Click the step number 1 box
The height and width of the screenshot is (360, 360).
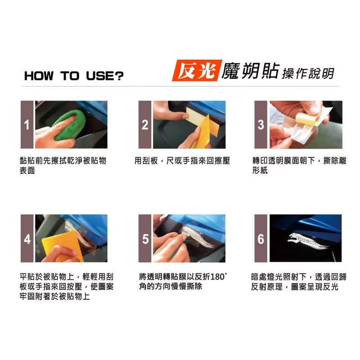[27, 125]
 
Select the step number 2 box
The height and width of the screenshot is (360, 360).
[144, 125]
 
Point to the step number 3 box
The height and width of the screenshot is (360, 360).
[261, 125]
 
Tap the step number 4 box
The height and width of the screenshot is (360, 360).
[27, 238]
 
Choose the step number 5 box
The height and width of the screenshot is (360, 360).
[144, 238]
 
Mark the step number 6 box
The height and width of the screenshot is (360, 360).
[261, 238]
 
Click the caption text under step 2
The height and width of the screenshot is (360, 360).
[182, 161]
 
